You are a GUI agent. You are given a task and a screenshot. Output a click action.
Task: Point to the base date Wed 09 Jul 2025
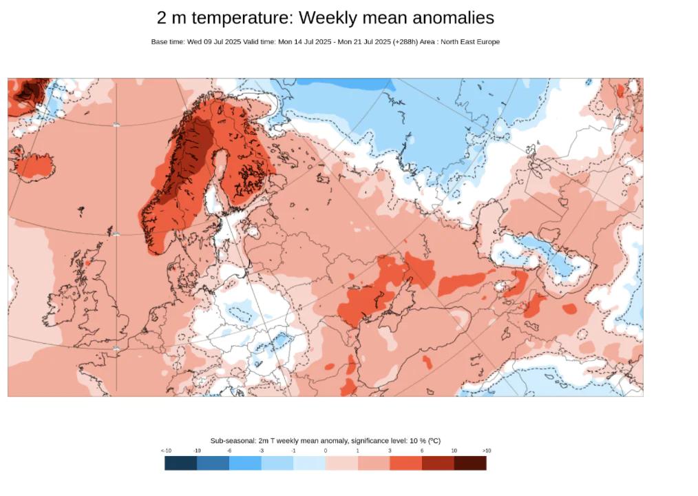[214, 42]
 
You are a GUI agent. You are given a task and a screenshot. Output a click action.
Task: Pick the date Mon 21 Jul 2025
[366, 42]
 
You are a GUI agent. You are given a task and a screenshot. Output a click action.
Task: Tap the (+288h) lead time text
[405, 42]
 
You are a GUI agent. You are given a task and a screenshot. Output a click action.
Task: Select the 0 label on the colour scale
[326, 451]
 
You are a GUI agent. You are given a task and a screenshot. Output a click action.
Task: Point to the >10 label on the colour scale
[486, 451]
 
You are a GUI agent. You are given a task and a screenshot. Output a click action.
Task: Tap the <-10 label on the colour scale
[166, 451]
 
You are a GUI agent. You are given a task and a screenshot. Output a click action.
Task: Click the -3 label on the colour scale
[262, 451]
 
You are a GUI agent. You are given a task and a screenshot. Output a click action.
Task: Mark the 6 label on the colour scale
[422, 451]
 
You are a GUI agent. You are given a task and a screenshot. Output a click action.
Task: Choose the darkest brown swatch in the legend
[470, 463]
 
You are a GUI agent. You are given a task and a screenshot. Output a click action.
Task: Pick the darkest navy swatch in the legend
[180, 463]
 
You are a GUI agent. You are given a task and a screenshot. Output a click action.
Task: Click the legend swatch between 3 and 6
[405, 463]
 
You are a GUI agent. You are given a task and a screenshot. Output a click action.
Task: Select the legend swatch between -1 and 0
[309, 463]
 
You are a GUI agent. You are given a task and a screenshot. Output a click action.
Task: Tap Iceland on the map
[32, 165]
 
